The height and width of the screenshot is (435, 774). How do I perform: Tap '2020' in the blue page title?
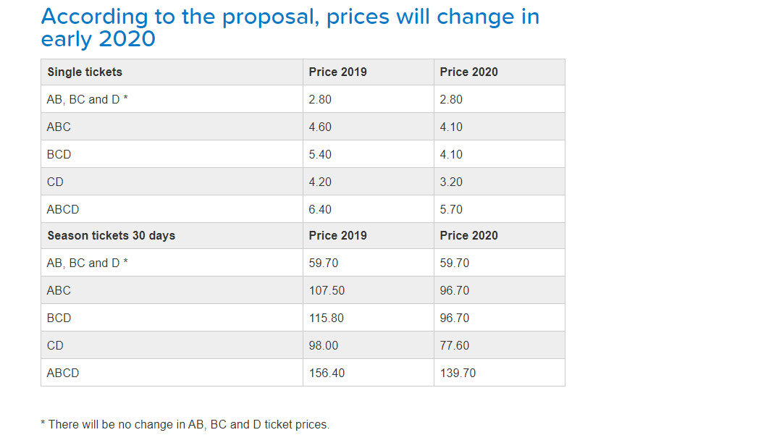point(127,39)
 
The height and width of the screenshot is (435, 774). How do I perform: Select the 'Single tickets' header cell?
point(85,72)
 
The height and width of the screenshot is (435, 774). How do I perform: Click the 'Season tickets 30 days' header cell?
point(111,235)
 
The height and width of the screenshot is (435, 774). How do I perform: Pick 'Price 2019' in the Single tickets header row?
point(337,72)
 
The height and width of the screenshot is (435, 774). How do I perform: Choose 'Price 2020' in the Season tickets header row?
point(468,235)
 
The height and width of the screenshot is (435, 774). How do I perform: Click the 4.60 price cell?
point(320,127)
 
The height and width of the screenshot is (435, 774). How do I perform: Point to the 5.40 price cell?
point(320,154)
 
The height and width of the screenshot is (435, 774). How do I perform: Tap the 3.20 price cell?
point(451,182)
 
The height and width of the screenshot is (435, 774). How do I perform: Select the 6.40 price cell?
point(320,209)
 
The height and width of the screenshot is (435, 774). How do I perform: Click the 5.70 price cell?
point(451,209)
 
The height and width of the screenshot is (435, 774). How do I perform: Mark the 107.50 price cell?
point(327,290)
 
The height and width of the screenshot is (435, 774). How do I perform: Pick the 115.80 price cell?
point(326,318)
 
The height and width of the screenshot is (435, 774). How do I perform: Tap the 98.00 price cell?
point(323,345)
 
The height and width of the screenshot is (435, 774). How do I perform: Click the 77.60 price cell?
point(454,345)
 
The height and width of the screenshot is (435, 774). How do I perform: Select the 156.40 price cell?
point(327,373)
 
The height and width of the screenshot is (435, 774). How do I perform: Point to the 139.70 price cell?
point(458,373)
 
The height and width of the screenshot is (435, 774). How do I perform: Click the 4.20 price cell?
point(320,182)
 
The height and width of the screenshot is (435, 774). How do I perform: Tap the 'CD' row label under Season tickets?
point(55,345)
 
